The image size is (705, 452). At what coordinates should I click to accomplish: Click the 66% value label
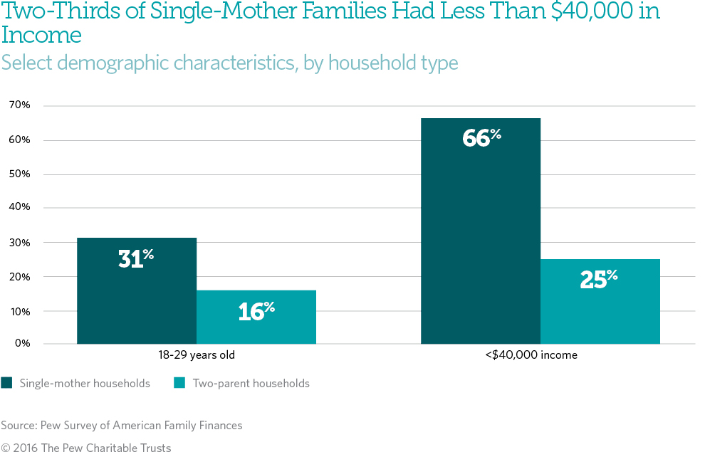pyautogui.click(x=481, y=137)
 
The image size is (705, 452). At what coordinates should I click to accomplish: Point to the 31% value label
pyautogui.click(x=136, y=258)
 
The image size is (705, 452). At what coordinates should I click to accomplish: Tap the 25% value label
pyautogui.click(x=599, y=280)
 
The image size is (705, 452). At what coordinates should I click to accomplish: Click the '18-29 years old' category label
pyautogui.click(x=197, y=354)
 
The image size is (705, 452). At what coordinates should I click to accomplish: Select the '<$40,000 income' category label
pyautogui.click(x=540, y=354)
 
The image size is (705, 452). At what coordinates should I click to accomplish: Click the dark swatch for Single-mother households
pyautogui.click(x=6, y=383)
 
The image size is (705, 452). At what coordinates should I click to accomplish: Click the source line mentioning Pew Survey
pyautogui.click(x=122, y=425)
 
